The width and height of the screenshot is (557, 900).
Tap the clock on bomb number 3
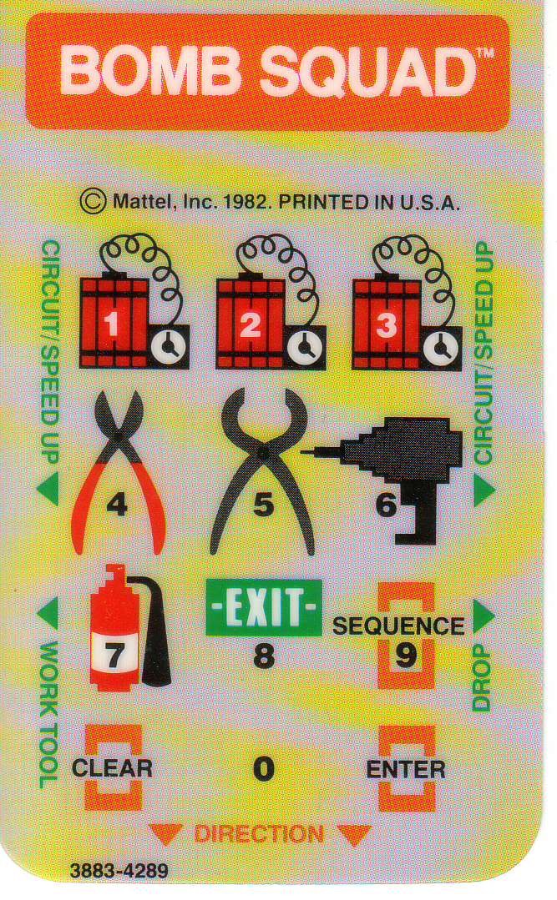[x=442, y=348]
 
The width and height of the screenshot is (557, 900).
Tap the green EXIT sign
[x=264, y=607]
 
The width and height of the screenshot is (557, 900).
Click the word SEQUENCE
[x=399, y=626]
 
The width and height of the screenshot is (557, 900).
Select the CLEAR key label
[x=112, y=768]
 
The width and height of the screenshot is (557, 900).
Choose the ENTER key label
[x=406, y=770]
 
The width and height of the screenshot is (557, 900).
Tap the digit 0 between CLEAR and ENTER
[x=264, y=768]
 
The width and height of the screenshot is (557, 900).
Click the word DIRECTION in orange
[x=259, y=834]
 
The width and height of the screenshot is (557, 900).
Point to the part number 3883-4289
[x=119, y=871]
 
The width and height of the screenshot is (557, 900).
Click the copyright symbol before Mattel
[x=93, y=202]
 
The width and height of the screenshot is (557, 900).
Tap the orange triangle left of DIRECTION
[x=166, y=833]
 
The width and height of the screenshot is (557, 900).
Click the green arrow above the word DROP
[x=484, y=616]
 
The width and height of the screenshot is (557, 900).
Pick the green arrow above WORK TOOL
[x=48, y=614]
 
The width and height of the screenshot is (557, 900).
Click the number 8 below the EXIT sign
[x=264, y=656]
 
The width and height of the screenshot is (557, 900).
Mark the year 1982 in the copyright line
[x=247, y=202]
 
